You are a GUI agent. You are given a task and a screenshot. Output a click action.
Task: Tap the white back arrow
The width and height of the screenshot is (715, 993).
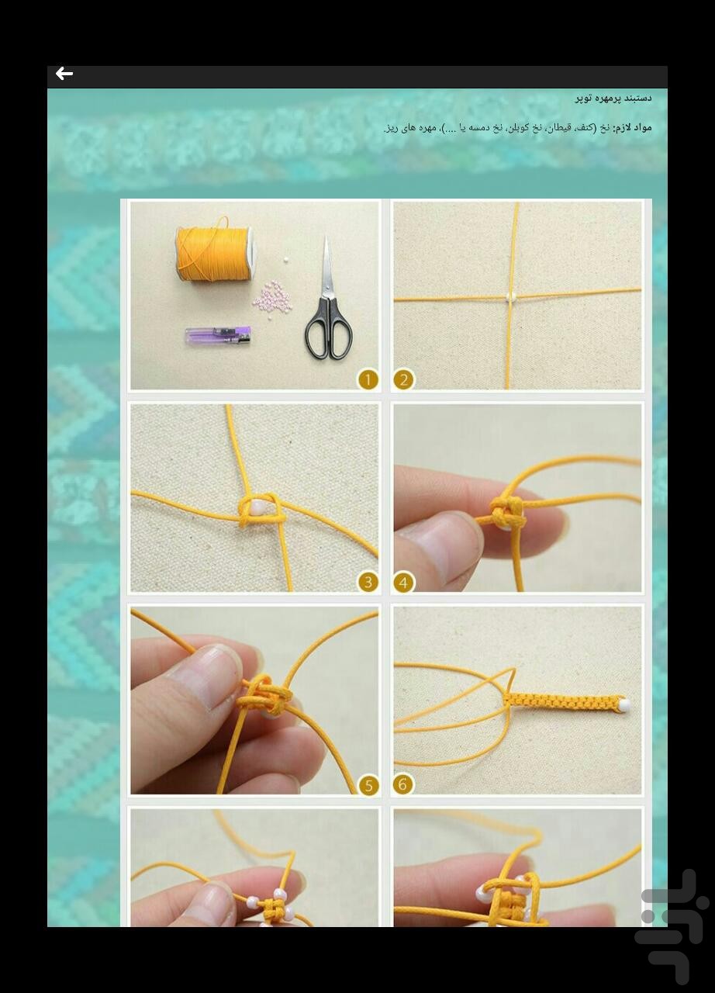[x=64, y=74]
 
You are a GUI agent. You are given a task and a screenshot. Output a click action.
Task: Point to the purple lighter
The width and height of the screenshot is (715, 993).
[x=218, y=336]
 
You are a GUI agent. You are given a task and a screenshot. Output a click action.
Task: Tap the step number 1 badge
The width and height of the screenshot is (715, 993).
[x=368, y=379]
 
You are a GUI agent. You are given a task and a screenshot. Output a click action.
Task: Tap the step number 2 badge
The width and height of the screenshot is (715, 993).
[x=403, y=379]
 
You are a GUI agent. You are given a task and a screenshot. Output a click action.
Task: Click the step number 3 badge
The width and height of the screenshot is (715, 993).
[x=368, y=582]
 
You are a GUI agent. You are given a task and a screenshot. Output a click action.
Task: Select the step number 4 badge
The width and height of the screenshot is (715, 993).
[x=403, y=582]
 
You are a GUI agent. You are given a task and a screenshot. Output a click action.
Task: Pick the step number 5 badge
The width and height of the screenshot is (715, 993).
[x=368, y=784]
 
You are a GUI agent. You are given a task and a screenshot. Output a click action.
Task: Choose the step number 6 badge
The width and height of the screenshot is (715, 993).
[x=403, y=784]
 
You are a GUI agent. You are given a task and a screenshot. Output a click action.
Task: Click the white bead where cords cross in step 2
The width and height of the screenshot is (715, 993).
[x=510, y=296]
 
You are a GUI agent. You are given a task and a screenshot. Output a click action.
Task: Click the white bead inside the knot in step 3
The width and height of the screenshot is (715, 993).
[x=254, y=508]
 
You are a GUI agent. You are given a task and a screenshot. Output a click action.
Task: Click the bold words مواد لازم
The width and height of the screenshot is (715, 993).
[x=632, y=127]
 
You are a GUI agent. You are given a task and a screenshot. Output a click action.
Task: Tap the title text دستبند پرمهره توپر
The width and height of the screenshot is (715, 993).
[x=613, y=99]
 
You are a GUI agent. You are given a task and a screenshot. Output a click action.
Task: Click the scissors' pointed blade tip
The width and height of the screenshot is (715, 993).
[x=326, y=239]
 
